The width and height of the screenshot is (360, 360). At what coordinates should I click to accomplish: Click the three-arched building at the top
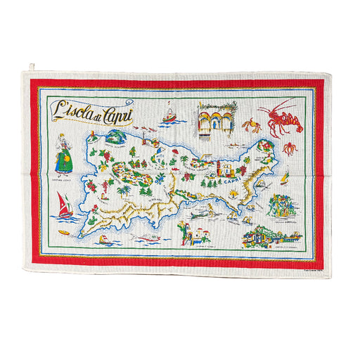pyautogui.click(x=215, y=117)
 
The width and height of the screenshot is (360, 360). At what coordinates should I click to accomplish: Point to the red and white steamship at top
pyautogui.click(x=169, y=110)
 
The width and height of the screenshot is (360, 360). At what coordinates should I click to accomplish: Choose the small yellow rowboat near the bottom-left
pyautogui.click(x=65, y=232)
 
